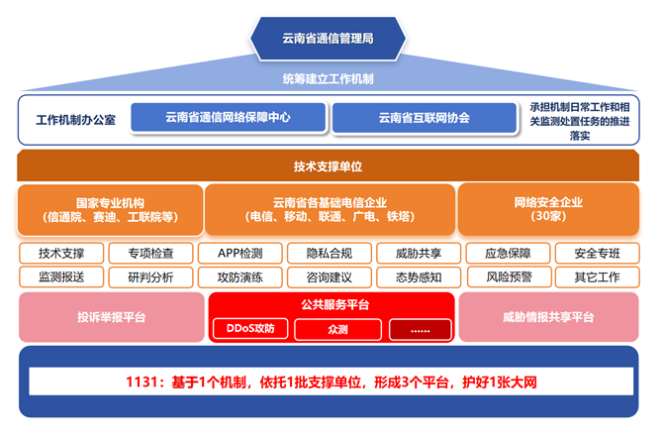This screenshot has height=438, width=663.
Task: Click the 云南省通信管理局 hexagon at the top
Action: click(x=328, y=38)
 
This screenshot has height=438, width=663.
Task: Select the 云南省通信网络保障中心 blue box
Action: click(x=230, y=117)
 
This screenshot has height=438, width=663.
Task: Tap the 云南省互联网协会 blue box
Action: click(x=424, y=117)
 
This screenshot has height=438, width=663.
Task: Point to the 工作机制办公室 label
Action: click(x=76, y=118)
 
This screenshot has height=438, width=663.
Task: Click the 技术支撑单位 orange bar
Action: click(x=328, y=165)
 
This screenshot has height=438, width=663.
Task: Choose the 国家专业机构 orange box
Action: click(x=110, y=209)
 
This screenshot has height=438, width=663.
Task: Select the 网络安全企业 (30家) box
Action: click(x=548, y=209)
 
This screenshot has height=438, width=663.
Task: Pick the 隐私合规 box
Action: click(x=330, y=253)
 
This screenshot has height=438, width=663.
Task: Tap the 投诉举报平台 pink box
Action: click(x=111, y=317)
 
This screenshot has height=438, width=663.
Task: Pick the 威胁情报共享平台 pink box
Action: click(x=547, y=317)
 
